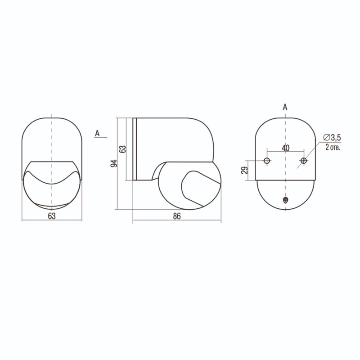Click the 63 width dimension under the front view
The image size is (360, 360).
click(x=52, y=216)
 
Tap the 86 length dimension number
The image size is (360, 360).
click(x=177, y=216)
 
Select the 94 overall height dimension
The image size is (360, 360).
click(x=114, y=163)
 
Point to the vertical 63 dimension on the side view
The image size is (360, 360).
click(x=123, y=149)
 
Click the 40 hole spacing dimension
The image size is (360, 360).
click(x=285, y=148)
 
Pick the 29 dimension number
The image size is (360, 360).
click(x=245, y=170)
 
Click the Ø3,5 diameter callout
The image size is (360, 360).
click(x=332, y=137)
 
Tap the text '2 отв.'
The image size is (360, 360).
click(x=333, y=147)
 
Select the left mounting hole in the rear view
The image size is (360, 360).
click(x=267, y=161)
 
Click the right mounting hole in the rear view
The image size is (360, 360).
click(x=303, y=161)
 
